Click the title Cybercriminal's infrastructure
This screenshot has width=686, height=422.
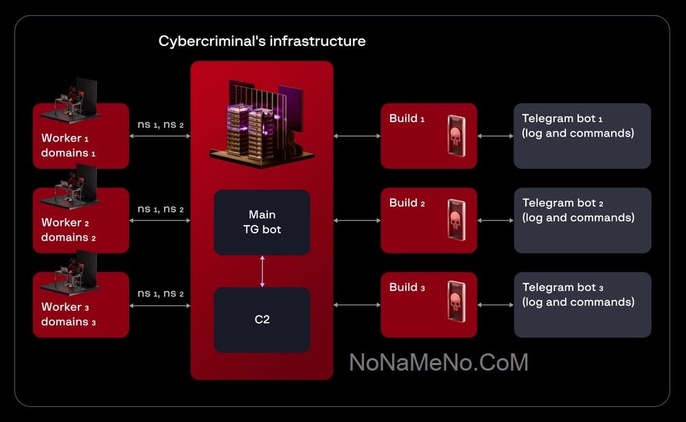[x=262, y=41]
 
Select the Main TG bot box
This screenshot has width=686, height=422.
[x=262, y=222]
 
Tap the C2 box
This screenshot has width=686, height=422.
[x=262, y=319]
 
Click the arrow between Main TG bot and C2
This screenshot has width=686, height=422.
[x=262, y=271]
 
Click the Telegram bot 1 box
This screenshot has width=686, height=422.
[x=582, y=136]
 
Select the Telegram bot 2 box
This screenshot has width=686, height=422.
[x=582, y=220]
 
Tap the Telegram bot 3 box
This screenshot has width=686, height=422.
[x=582, y=305]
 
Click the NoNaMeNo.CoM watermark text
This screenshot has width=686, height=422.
[x=439, y=362]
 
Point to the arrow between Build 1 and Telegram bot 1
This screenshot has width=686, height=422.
[x=495, y=136]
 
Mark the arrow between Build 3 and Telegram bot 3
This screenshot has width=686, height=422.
[x=495, y=305]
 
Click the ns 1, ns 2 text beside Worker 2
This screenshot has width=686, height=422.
[x=160, y=209]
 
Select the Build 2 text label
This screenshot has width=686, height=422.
[x=407, y=203]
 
